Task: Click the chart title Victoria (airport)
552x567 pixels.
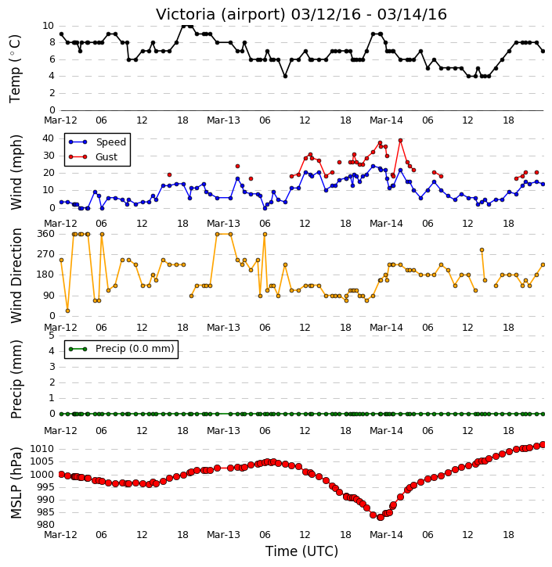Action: click(221, 15)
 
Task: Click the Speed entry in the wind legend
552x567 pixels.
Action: click(97, 142)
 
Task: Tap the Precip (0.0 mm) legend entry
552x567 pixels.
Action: click(121, 349)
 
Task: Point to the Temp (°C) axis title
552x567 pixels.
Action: click(15, 69)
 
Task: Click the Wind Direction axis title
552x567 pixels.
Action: click(16, 275)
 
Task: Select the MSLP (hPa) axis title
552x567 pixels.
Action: click(16, 483)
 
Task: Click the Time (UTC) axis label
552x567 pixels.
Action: click(301, 551)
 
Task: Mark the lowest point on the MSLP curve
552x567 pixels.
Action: click(380, 518)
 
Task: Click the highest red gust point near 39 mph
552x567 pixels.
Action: click(400, 140)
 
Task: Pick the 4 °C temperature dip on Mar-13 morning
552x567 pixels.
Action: click(285, 77)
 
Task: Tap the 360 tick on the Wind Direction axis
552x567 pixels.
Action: click(46, 234)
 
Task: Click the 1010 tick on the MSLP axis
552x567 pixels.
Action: click(41, 449)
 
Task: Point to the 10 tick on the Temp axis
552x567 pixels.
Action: click(48, 26)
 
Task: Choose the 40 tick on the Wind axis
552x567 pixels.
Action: click(48, 138)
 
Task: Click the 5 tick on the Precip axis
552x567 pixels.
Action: click(52, 336)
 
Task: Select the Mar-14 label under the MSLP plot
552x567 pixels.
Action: click(386, 535)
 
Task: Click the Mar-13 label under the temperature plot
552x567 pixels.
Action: click(223, 120)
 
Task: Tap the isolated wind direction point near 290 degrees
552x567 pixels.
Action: click(482, 249)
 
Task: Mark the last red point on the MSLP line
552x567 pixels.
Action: click(543, 444)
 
